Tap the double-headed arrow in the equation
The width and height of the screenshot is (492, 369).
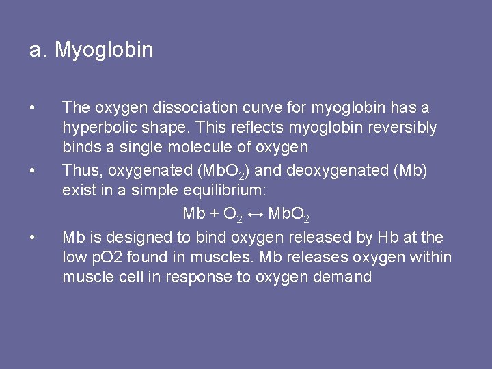255,214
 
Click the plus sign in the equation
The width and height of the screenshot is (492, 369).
214,214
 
